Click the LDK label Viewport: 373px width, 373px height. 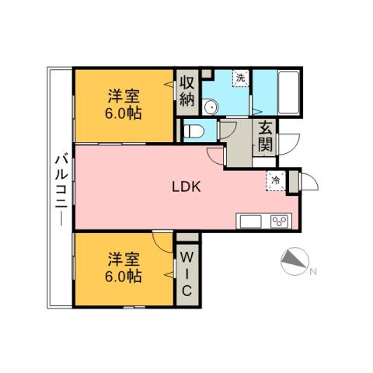tap(186, 186)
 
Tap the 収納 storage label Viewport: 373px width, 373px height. tap(186, 91)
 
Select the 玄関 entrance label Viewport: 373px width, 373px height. tap(265, 137)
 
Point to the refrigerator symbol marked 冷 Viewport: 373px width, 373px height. tap(275, 180)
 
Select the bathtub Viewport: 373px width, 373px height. tap(294, 92)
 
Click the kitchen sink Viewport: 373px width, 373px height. tap(251, 221)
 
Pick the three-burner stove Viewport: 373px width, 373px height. tap(278, 221)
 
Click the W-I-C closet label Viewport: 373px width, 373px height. tap(187, 272)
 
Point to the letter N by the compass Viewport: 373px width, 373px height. tap(312, 271)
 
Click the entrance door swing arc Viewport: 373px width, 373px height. tap(289, 144)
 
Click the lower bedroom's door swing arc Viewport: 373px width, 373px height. tap(163, 242)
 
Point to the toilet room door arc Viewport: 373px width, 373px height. tap(228, 129)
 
